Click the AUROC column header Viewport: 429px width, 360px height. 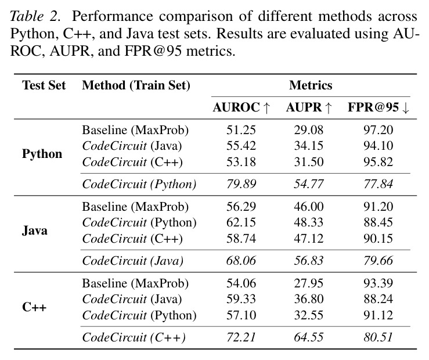point(241,107)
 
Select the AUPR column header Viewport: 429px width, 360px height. point(309,107)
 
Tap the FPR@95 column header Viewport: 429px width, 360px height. point(378,107)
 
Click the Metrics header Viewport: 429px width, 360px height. point(311,85)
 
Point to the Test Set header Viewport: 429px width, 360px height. point(44,85)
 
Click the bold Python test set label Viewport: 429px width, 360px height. point(42,154)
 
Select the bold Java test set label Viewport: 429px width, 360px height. point(35,231)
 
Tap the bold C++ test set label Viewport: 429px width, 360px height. point(34,307)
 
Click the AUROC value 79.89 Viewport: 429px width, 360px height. point(241,184)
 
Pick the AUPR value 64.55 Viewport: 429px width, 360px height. point(309,337)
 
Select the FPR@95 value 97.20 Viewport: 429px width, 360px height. point(378,130)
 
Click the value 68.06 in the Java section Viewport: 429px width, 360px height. point(241,261)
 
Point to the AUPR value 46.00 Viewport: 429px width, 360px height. point(309,207)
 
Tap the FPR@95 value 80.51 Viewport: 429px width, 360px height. point(378,337)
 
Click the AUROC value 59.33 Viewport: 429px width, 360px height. point(241,299)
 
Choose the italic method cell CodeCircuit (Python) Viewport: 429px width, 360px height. point(139,184)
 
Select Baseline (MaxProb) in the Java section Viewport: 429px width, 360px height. point(135,207)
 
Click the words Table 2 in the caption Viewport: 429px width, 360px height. point(35,16)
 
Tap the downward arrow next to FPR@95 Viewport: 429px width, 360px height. point(405,108)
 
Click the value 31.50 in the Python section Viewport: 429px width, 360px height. point(309,162)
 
